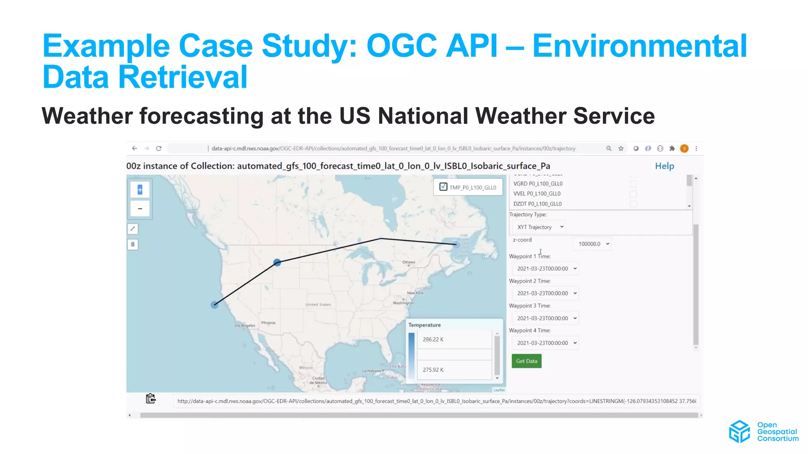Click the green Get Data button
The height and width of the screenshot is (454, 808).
point(526,361)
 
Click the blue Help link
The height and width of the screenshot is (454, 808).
point(664,166)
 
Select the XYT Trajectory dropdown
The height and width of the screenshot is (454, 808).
point(539,227)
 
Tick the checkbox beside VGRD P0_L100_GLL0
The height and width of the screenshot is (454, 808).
point(633,184)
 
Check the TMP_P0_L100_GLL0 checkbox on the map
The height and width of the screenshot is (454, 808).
point(443,187)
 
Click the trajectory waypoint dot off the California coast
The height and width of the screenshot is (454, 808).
point(214,305)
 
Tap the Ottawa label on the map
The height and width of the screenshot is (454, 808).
point(408,262)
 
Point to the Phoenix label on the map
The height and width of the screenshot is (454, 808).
point(268,323)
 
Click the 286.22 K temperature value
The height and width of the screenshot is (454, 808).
point(433,339)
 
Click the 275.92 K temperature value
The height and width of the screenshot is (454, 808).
point(433,370)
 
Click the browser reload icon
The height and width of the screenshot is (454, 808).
point(159,149)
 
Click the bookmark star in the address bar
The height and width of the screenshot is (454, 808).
point(621,149)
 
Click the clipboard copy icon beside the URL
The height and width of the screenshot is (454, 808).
point(150,399)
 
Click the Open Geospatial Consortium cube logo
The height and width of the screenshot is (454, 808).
point(739,432)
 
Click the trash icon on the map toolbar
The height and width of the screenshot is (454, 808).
point(133,244)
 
